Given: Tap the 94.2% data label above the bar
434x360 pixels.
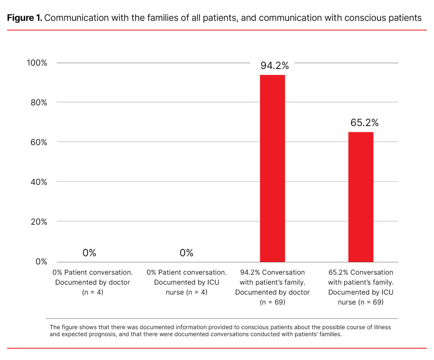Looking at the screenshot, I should point(274,66).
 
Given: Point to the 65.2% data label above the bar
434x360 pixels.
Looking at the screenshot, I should point(364,123).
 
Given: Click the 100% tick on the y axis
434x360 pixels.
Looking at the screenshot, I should point(37,63).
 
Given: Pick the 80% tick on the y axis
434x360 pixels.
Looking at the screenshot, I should point(39,102).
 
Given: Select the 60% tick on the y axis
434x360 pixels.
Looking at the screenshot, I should point(39,142).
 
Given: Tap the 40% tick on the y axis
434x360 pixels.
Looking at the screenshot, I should point(39,182).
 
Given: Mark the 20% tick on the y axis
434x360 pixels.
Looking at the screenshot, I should point(39,222).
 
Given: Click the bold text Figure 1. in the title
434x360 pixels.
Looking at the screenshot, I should point(25,18).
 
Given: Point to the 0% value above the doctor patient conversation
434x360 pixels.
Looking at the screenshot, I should point(89,253).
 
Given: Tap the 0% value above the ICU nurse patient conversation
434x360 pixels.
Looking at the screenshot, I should point(186,253).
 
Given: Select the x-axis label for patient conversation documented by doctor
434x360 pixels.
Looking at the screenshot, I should point(92,282).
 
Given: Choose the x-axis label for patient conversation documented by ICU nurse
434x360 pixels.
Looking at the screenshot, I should point(186,282).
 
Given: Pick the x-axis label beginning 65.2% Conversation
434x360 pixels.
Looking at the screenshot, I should point(361,287).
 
